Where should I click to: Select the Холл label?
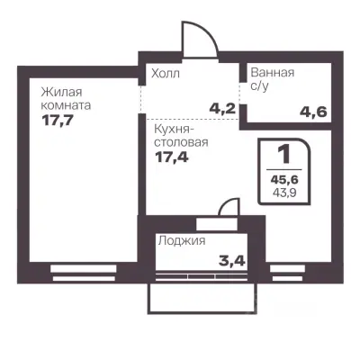(x=165, y=74)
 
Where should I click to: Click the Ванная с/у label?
(x=272, y=79)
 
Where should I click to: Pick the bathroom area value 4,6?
(x=312, y=112)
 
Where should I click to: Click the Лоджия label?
(x=182, y=241)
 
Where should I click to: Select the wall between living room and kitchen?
(x=140, y=153)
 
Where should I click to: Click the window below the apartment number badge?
(x=285, y=268)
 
